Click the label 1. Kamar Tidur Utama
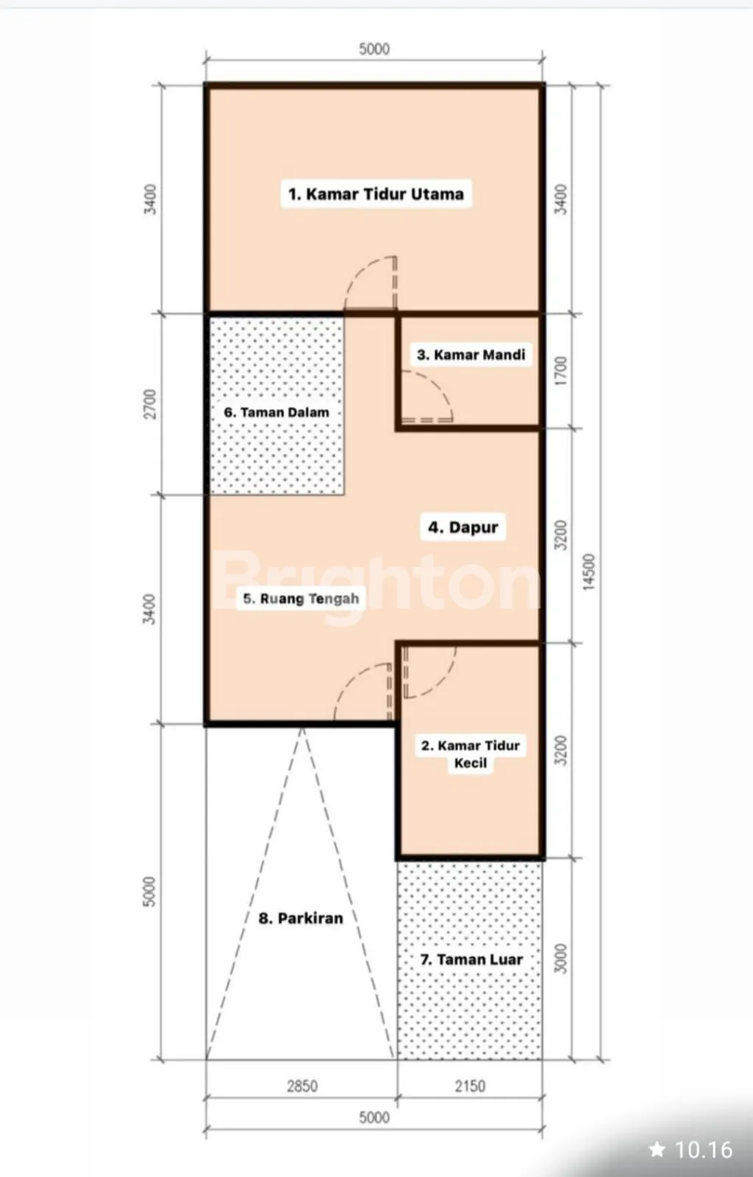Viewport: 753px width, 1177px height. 376,194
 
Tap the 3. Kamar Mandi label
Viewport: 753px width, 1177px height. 471,355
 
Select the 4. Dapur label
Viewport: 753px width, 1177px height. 463,527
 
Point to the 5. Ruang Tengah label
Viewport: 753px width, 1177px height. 301,599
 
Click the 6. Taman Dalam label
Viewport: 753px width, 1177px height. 276,413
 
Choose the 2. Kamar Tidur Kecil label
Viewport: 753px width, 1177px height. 471,754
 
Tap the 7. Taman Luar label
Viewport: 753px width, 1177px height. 471,959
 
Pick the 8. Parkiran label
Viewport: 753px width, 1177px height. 301,919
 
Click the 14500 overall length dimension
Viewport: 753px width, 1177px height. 589,572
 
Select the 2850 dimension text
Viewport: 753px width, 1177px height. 302,1086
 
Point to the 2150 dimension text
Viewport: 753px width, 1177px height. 470,1086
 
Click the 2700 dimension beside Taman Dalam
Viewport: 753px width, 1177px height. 150,404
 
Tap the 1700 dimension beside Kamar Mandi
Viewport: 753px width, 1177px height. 561,371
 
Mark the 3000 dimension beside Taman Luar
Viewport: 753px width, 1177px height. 561,959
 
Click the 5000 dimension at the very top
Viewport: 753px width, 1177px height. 374,49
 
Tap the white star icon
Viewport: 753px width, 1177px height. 657,1149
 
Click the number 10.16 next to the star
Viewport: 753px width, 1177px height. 704,1150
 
